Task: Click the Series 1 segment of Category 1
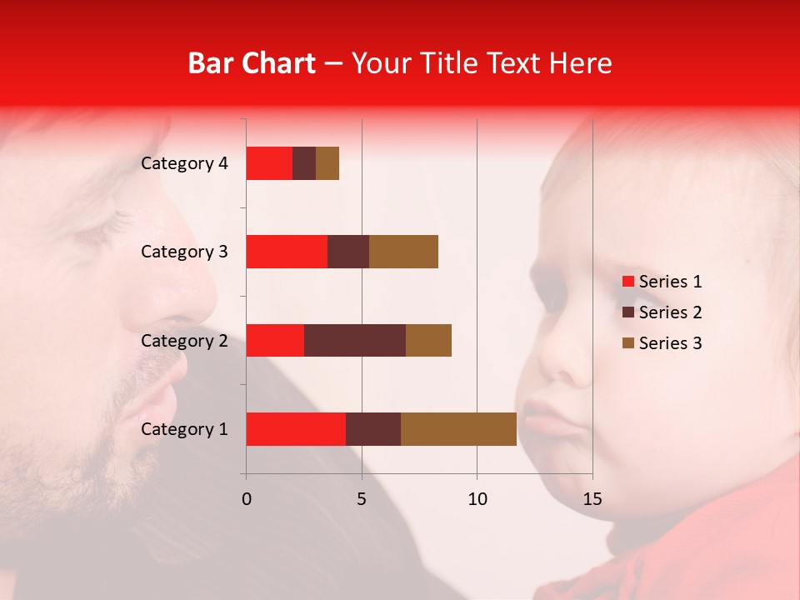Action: click(296, 429)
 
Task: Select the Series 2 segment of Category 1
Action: click(373, 429)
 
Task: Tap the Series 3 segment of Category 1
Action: click(458, 429)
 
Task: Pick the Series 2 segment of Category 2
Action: click(355, 340)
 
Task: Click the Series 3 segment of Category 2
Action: click(428, 340)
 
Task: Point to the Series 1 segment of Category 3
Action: click(287, 252)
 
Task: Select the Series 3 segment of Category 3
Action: click(403, 252)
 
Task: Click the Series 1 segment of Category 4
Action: click(269, 163)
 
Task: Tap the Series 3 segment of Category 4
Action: click(327, 163)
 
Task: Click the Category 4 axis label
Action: click(184, 163)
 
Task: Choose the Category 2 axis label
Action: click(184, 341)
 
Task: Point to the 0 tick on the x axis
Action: click(246, 499)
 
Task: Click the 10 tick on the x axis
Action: click(477, 499)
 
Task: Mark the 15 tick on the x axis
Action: click(592, 499)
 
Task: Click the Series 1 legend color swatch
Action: click(628, 282)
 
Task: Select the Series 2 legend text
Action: click(670, 312)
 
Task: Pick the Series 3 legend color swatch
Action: click(628, 343)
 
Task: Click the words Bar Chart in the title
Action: click(252, 63)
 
